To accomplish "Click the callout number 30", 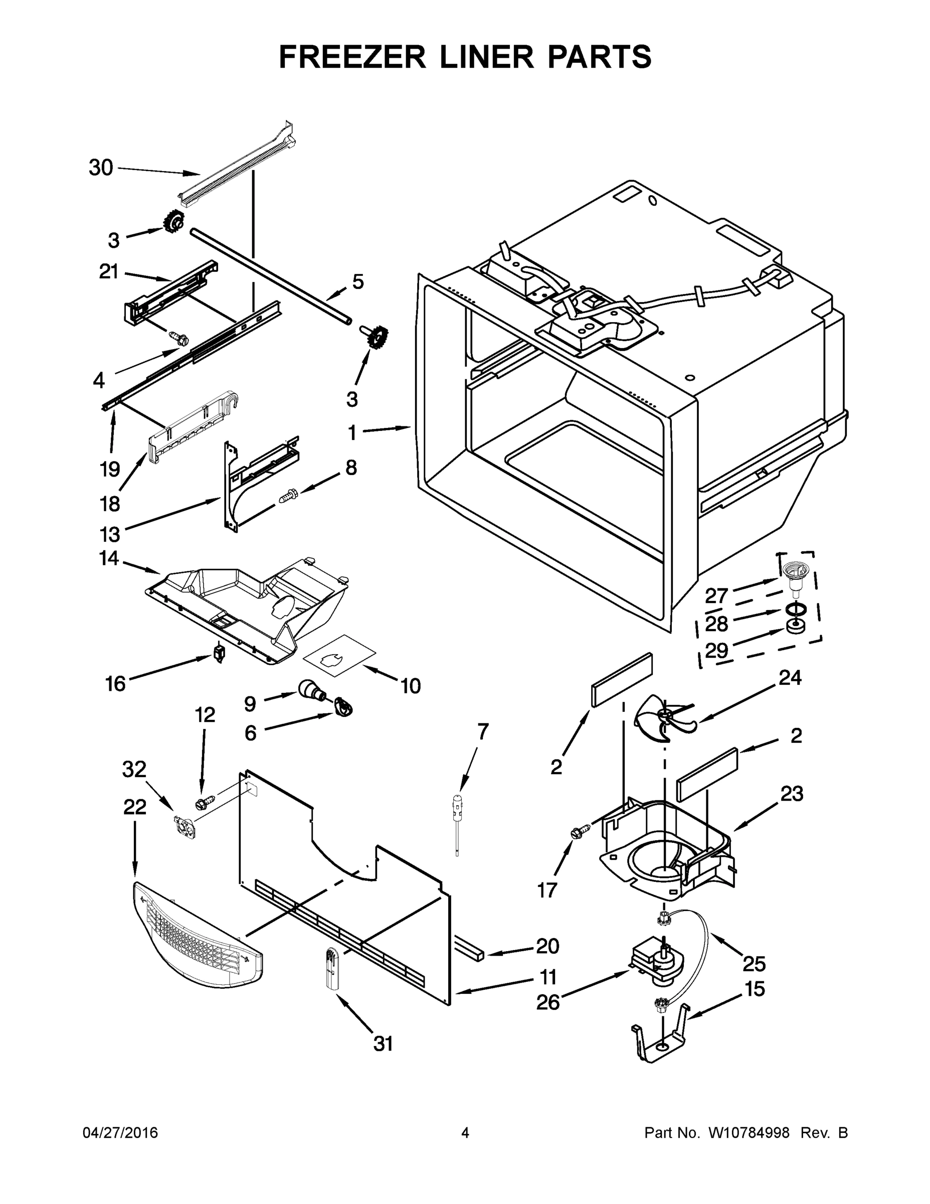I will tap(101, 168).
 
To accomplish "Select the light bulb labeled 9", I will tap(308, 689).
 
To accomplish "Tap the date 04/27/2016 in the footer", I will tap(120, 1133).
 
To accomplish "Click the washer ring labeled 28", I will tap(793, 609).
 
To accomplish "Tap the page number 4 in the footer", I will tap(465, 1133).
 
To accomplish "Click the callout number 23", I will tap(792, 794).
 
